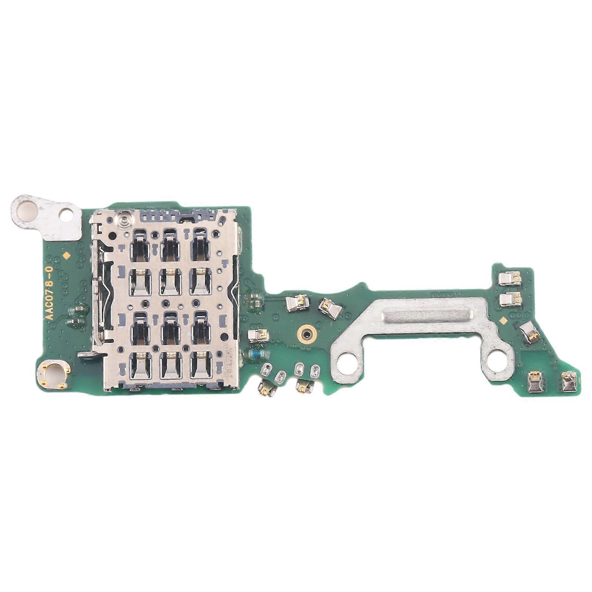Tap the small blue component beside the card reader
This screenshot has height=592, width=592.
256,354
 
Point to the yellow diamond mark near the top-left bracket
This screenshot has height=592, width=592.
67,255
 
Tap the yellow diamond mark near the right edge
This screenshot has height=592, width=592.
502,320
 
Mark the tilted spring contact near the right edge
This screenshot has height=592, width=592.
529,332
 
